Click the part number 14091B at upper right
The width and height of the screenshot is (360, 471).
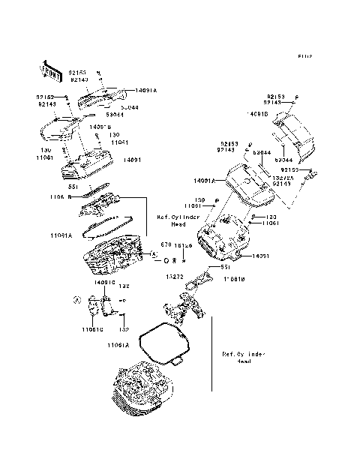[256, 113]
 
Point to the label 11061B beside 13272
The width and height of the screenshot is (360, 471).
[234, 278]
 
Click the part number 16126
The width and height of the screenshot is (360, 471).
[182, 245]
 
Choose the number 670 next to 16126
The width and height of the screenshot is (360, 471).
[166, 245]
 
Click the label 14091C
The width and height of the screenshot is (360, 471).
[105, 283]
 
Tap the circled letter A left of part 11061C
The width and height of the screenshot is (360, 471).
[78, 300]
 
